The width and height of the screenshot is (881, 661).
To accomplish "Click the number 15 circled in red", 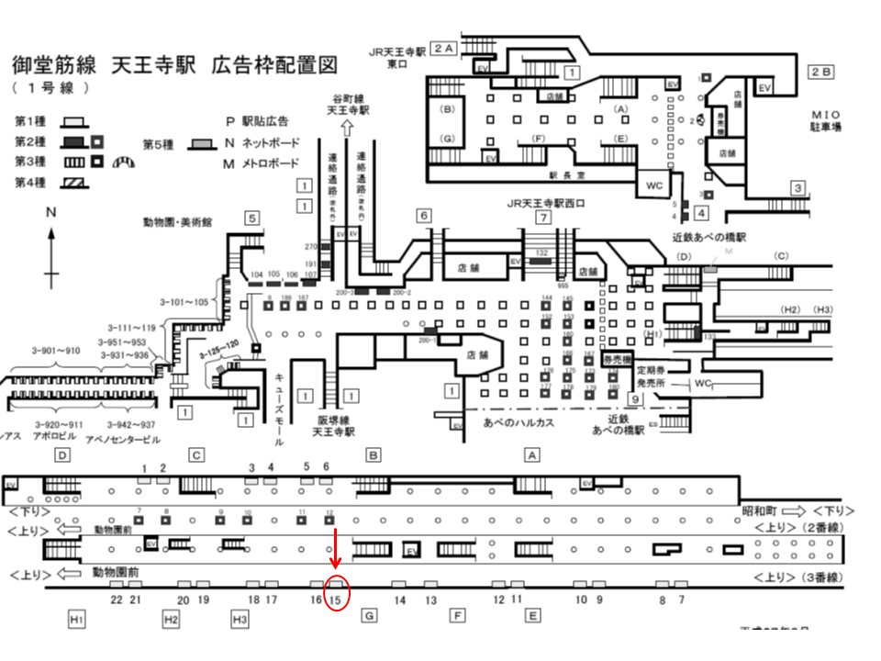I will click(336, 599).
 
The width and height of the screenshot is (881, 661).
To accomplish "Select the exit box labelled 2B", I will click(820, 71).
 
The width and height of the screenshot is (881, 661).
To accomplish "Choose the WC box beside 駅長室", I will click(654, 184).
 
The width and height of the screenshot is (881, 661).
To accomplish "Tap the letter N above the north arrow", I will click(51, 212).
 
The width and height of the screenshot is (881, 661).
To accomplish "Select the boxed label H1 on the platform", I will click(76, 620).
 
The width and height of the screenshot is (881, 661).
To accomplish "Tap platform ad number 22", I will click(117, 599).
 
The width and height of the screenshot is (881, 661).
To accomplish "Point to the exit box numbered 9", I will click(634, 398).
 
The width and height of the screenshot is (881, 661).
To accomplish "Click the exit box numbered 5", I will click(251, 218).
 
